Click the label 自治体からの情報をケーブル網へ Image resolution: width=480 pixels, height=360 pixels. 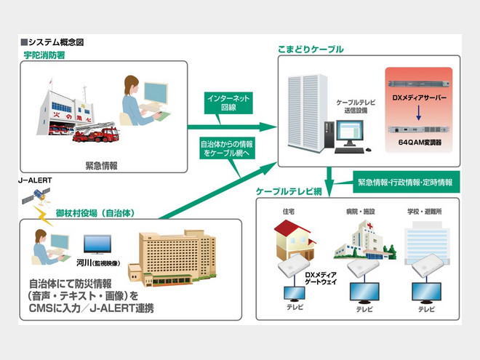point(226,148)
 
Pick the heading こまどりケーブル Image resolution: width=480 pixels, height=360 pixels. point(311,49)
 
